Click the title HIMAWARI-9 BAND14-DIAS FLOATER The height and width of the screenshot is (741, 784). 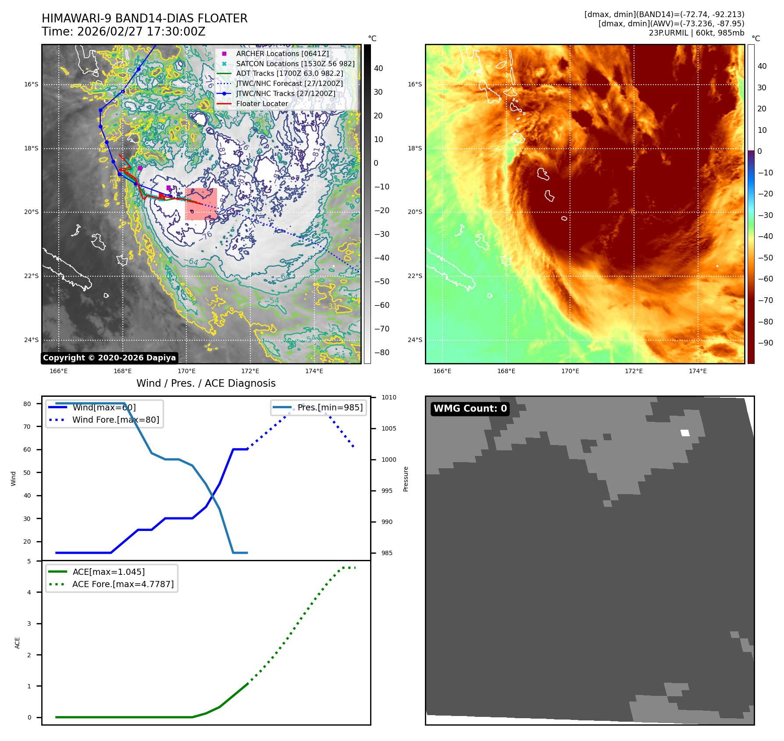pyautogui.click(x=144, y=18)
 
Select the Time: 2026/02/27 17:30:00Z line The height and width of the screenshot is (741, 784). pyautogui.click(x=123, y=32)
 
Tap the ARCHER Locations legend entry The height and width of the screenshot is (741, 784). pyautogui.click(x=282, y=53)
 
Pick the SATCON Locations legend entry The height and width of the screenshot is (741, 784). pyautogui.click(x=295, y=64)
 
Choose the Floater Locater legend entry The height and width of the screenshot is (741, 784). pyautogui.click(x=262, y=104)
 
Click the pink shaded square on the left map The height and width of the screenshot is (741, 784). pyautogui.click(x=201, y=204)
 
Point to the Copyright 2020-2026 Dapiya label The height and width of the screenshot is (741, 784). pyautogui.click(x=109, y=358)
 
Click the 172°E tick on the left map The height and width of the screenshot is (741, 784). pyautogui.click(x=250, y=371)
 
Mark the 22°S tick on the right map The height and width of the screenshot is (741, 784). pyautogui.click(x=415, y=276)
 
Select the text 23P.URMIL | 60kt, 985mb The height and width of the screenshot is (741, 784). pyautogui.click(x=696, y=33)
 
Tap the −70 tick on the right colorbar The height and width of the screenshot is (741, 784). pyautogui.click(x=766, y=300)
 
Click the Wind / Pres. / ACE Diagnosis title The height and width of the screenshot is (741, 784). pyautogui.click(x=206, y=383)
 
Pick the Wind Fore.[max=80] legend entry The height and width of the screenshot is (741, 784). pyautogui.click(x=116, y=420)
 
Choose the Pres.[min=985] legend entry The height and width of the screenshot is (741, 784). pyautogui.click(x=330, y=407)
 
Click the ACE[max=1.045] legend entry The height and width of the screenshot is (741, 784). pyautogui.click(x=108, y=572)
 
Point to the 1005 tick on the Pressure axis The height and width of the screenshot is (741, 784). pyautogui.click(x=388, y=428)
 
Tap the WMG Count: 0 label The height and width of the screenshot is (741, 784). pyautogui.click(x=470, y=409)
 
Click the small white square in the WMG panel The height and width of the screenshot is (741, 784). pyautogui.click(x=685, y=433)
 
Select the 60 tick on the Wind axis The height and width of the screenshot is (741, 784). pyautogui.click(x=27, y=449)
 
